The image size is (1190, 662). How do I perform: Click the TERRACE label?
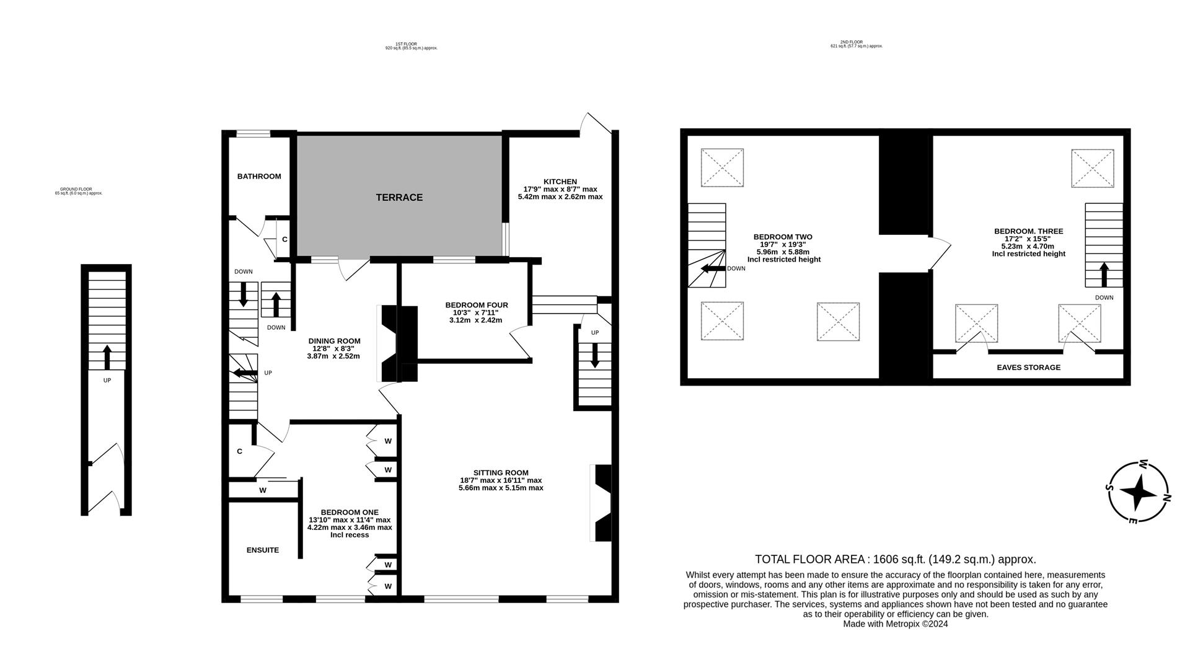(x=399, y=197)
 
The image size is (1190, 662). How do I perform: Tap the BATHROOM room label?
(x=259, y=177)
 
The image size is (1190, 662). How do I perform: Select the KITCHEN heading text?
(x=560, y=182)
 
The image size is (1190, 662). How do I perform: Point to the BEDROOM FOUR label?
(x=476, y=305)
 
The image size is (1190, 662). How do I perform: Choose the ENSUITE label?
(x=263, y=550)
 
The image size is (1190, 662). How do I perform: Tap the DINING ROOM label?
(x=334, y=341)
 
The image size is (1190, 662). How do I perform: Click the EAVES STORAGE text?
(x=1028, y=368)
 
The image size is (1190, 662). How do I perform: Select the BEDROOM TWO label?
(x=782, y=237)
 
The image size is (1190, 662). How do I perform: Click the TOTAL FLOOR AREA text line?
(x=895, y=559)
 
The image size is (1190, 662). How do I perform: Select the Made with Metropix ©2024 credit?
(x=895, y=624)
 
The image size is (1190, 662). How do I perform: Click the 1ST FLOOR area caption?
(x=411, y=46)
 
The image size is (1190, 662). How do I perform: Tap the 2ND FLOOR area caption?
(x=856, y=44)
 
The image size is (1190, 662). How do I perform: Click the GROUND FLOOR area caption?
(x=78, y=191)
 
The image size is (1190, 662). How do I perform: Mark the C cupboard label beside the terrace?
(x=284, y=239)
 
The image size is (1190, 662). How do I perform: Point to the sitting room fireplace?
(x=602, y=503)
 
